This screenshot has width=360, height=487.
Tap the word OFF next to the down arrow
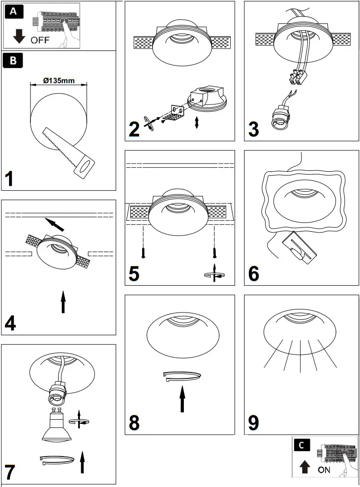40,40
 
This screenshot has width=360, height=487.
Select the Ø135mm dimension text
59,80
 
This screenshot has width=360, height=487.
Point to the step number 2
133,129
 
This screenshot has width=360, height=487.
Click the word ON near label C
324,470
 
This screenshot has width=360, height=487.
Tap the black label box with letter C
303,446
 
